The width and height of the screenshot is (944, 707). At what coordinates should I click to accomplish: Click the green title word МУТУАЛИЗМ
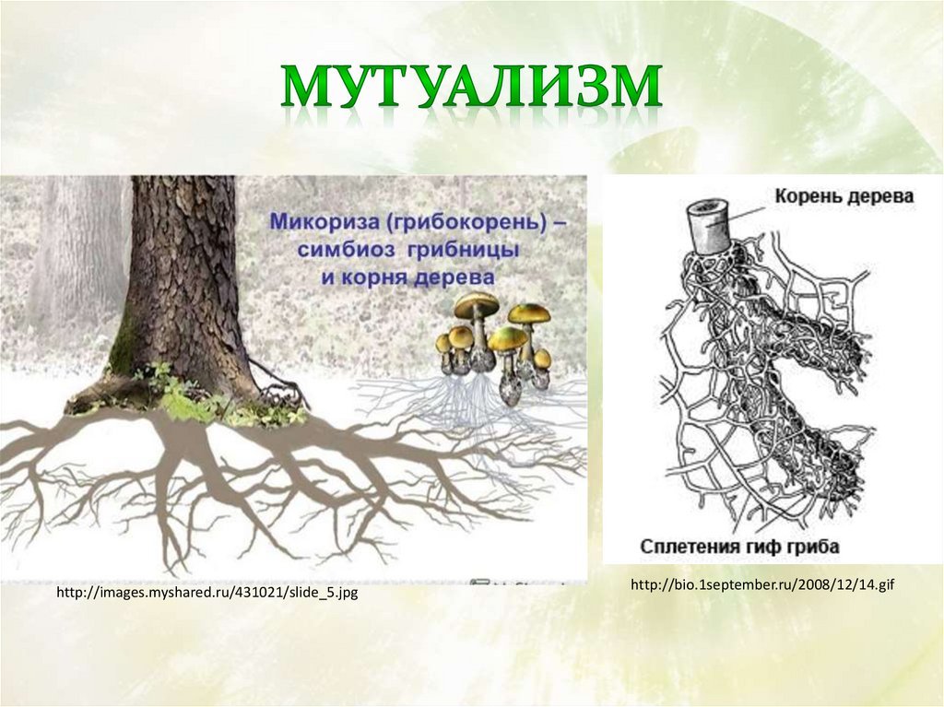471,89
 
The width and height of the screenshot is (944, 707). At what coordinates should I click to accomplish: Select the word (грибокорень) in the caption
466,221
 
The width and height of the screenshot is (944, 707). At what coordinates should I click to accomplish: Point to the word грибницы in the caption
464,250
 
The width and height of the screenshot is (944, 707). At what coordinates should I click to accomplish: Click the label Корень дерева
844,196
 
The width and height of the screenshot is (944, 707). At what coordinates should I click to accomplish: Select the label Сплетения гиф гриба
739,547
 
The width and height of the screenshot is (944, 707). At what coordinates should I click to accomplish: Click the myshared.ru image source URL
206,593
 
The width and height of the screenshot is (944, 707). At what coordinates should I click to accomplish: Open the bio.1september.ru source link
762,584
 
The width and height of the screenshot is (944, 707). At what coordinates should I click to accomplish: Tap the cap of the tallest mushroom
477,304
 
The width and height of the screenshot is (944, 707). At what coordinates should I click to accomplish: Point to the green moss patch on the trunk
123,347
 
